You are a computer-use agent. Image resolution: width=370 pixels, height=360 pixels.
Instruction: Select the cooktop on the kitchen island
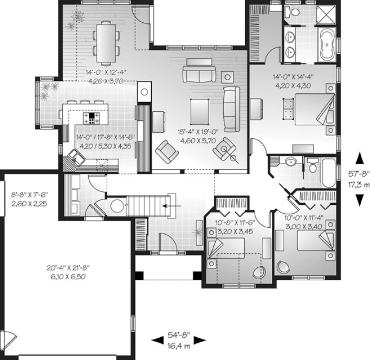[x=91, y=116]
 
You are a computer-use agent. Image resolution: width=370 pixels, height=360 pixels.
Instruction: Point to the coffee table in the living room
[x=199, y=111]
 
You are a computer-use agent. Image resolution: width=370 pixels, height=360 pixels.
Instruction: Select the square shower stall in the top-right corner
[x=326, y=14]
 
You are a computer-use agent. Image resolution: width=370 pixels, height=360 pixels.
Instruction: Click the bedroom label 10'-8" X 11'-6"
[x=238, y=222]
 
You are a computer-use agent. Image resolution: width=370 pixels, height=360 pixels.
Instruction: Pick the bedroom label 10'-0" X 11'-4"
[x=304, y=218]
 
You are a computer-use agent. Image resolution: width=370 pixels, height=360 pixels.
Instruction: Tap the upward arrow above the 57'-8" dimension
[x=358, y=157]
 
